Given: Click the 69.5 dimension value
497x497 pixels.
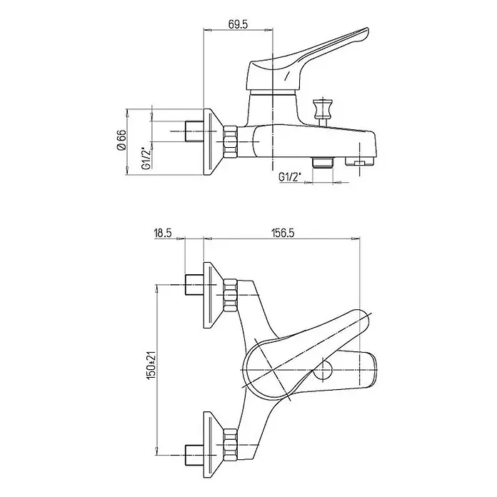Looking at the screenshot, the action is (x=237, y=24).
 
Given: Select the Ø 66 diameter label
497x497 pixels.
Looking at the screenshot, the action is (x=121, y=140).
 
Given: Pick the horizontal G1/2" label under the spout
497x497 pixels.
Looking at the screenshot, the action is (x=290, y=176).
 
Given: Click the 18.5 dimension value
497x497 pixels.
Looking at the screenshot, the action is (x=163, y=233).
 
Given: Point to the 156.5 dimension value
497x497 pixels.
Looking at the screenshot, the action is (x=283, y=233).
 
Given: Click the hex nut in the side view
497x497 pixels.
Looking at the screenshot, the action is (x=231, y=141).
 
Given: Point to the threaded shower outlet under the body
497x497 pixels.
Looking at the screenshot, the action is (x=322, y=162).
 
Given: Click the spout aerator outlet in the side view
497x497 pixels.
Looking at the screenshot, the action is (x=360, y=161).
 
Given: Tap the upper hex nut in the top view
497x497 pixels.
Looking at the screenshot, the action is (x=231, y=295).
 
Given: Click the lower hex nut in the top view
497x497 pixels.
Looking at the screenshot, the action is (x=231, y=444).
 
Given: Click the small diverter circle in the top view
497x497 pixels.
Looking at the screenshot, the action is (x=323, y=370).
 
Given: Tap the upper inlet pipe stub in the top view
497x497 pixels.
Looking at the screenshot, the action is (x=194, y=285).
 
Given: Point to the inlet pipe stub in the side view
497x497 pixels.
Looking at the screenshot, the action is (x=194, y=131).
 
